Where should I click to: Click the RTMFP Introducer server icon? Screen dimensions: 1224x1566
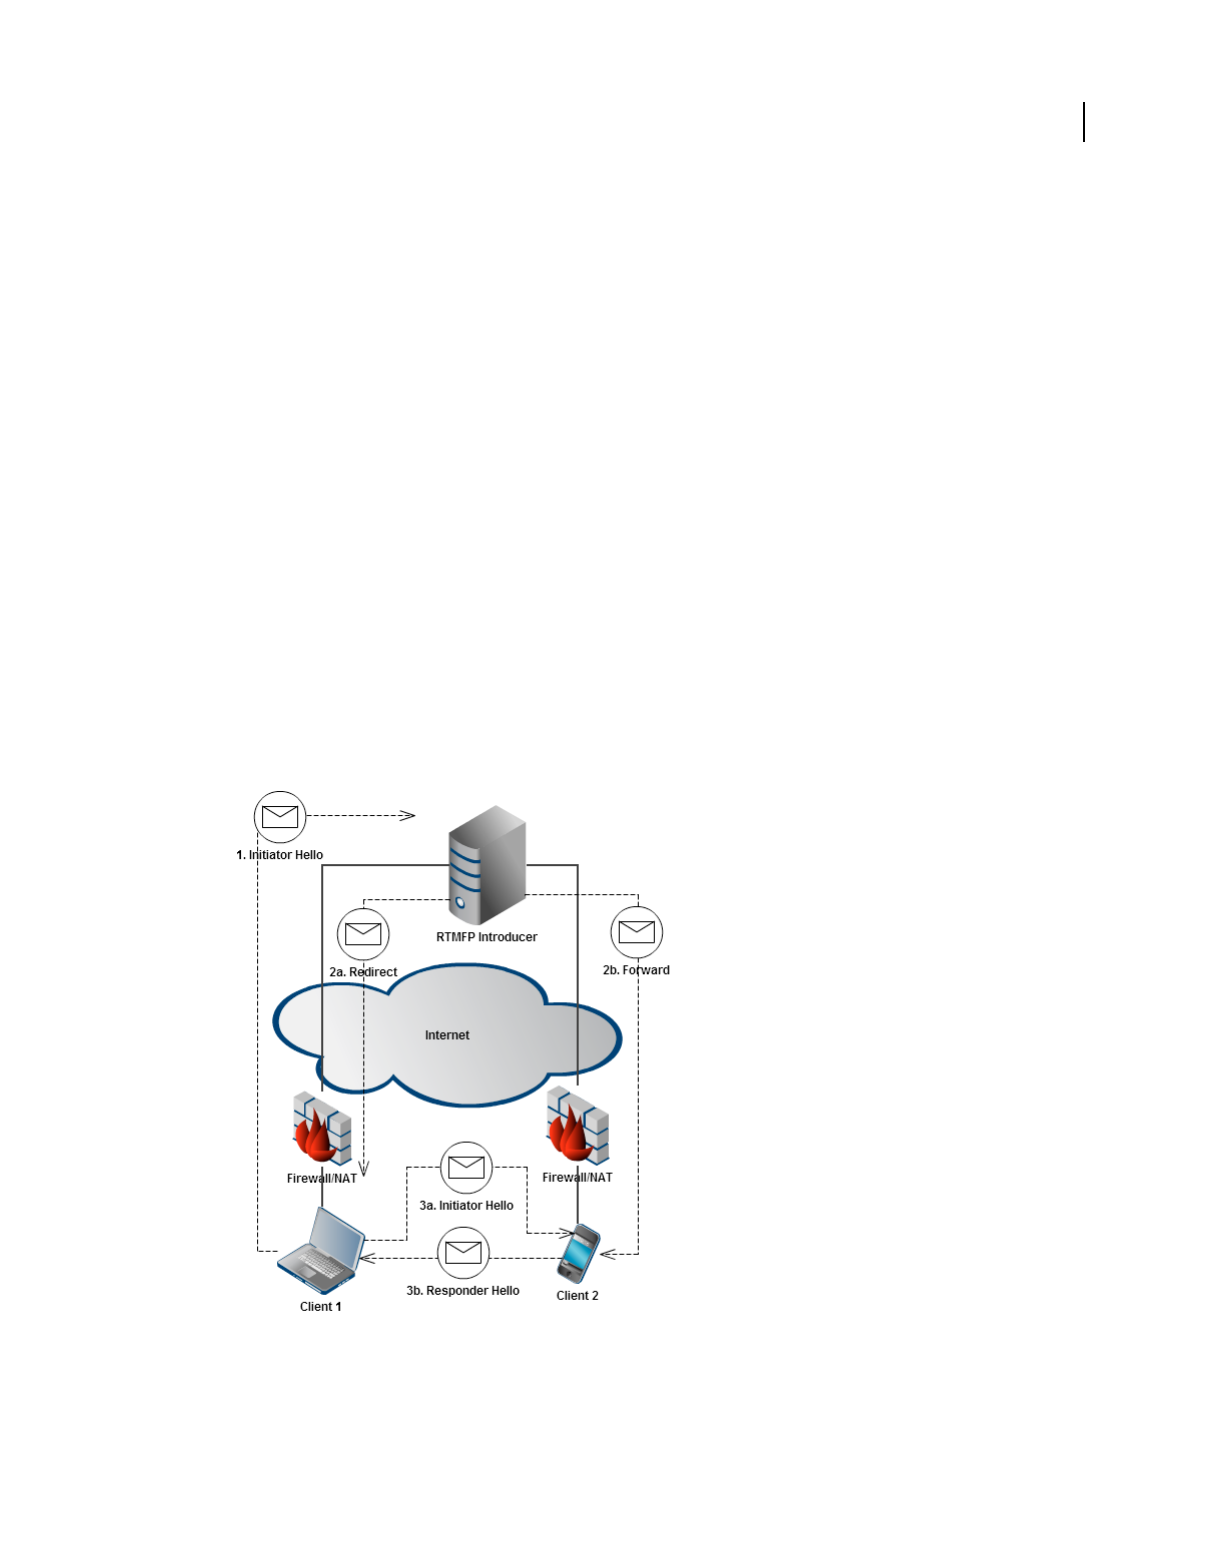click(x=487, y=865)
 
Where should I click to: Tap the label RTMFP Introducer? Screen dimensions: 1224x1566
click(x=487, y=937)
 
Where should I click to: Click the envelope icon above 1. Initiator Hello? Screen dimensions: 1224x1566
click(x=280, y=816)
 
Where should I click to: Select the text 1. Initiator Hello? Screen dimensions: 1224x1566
click(x=280, y=855)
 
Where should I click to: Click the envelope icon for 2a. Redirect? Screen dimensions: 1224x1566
click(x=363, y=934)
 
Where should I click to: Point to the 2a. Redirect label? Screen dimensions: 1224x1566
click(x=363, y=972)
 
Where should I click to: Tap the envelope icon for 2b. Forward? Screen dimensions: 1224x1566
click(x=637, y=932)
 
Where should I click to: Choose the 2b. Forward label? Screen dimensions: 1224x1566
click(x=636, y=970)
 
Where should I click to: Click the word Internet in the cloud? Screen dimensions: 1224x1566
click(x=447, y=1035)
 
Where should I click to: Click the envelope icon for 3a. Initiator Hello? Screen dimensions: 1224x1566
click(x=466, y=1167)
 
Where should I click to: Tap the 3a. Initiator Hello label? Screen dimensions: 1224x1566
click(x=466, y=1206)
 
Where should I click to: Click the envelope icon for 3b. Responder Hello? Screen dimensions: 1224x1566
click(x=463, y=1252)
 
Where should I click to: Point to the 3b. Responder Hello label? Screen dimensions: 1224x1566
click(x=463, y=1291)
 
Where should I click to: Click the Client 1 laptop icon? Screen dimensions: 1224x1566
click(x=321, y=1248)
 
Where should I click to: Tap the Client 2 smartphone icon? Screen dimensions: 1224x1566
click(x=578, y=1254)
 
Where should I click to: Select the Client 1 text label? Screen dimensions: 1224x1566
click(x=321, y=1307)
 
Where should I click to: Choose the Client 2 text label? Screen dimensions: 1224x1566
click(x=578, y=1296)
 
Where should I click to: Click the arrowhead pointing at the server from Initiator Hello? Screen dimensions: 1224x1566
click(x=408, y=816)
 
